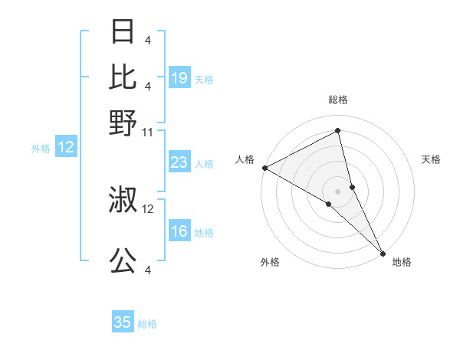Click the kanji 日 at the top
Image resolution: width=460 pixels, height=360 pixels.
123,32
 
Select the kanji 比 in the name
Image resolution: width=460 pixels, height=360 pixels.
123,77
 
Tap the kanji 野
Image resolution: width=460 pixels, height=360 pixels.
123,122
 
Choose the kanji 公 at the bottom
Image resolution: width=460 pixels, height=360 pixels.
123,261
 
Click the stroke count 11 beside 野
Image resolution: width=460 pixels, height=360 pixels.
148,132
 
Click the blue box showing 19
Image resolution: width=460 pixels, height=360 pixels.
179,77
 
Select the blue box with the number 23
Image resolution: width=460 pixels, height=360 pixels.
179,162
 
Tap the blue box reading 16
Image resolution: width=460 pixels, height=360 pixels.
179,232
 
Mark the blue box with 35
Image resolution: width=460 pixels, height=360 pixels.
123,322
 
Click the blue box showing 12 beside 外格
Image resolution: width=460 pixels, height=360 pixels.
66,147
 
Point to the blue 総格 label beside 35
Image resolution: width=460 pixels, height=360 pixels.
147,324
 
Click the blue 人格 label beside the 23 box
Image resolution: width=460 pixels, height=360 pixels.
205,163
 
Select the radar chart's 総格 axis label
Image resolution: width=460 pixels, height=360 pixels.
338,100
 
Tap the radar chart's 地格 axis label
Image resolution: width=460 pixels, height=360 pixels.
402,262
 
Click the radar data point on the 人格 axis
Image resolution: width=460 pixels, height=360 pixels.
264,168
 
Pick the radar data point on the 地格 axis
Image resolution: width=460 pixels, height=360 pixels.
383,252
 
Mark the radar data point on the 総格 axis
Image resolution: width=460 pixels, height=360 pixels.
338,131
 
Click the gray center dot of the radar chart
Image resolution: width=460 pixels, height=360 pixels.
338,191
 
